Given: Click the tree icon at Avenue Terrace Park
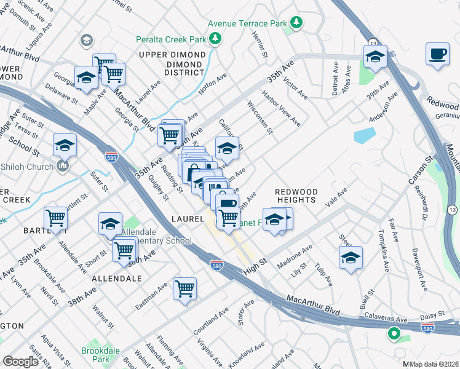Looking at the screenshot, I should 297,23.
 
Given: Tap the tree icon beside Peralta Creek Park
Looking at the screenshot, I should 215,39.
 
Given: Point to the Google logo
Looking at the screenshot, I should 20,361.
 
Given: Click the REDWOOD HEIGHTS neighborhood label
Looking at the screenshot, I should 295,196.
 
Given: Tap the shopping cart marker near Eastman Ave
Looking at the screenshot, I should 184,288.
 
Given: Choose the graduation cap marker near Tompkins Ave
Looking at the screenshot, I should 350,257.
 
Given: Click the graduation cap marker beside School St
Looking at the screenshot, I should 65,145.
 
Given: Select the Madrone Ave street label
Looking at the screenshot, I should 295,255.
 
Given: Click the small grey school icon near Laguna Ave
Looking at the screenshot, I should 86,41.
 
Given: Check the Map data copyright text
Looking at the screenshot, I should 434,363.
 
